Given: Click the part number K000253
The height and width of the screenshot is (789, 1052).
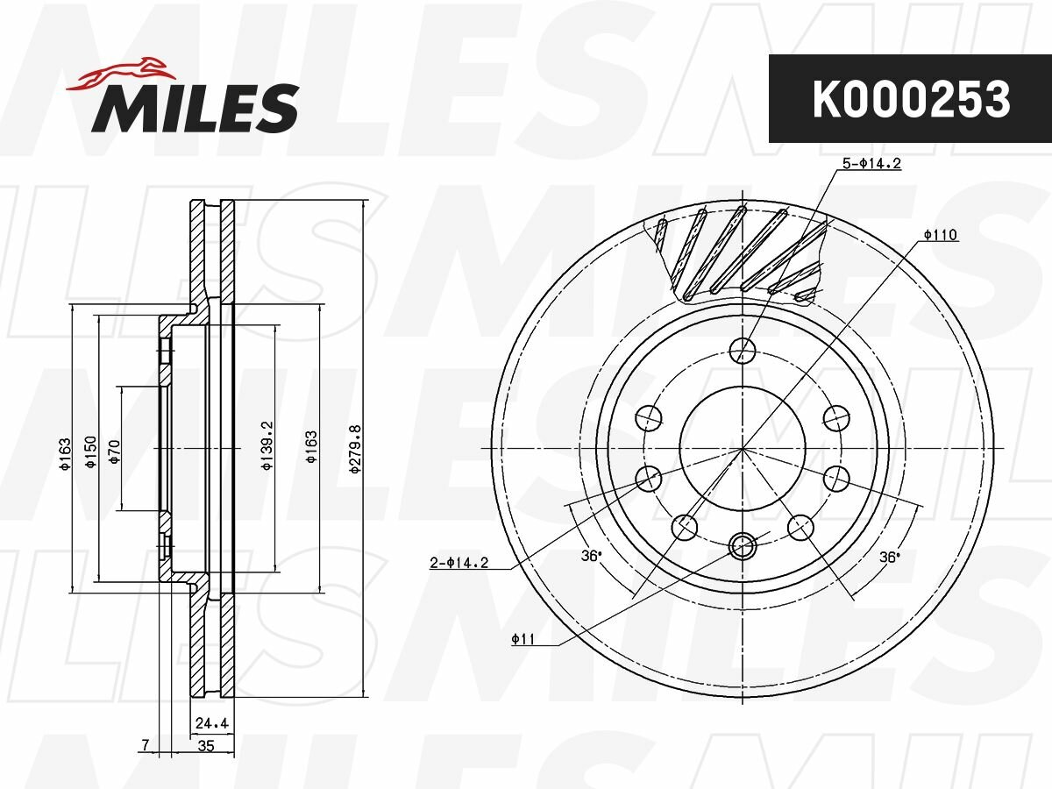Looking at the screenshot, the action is pos(911,100).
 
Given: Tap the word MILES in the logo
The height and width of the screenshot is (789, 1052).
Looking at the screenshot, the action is pos(195,108).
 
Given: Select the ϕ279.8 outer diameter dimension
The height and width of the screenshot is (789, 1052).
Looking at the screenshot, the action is pos(355,450).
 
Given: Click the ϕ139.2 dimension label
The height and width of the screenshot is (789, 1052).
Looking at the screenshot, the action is pos(267,445).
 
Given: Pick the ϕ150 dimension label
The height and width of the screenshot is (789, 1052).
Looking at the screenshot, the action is pos(90,451).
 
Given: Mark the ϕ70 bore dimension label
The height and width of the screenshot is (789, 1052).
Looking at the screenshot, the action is pos(115,451).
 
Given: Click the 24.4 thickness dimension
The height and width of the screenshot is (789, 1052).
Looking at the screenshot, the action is pos(211,723).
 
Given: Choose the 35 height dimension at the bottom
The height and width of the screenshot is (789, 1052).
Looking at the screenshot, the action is pos(206,746).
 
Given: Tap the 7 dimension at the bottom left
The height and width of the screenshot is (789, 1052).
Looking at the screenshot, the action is pos(146,745).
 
